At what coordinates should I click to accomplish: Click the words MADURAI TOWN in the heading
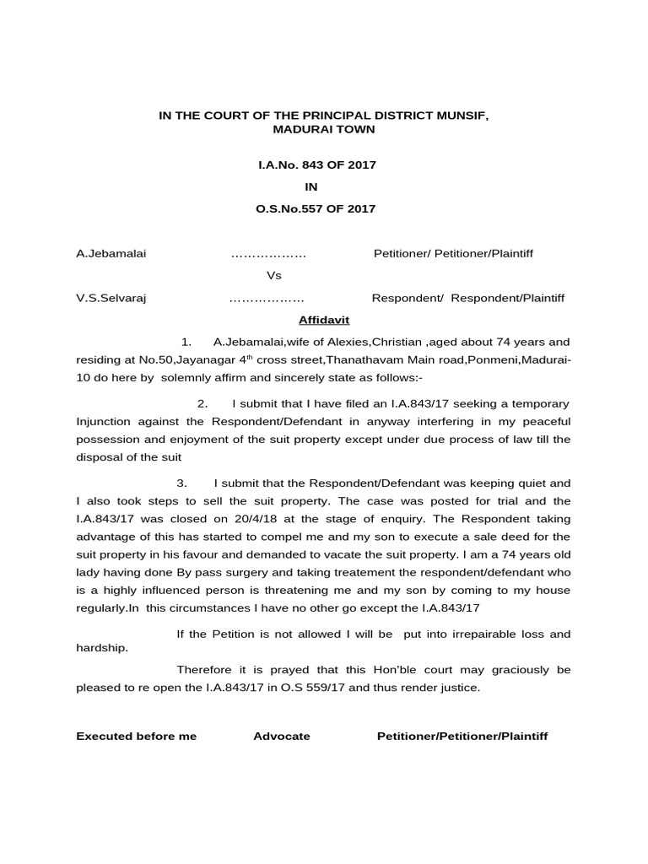[x=323, y=129]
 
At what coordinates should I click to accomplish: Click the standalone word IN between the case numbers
[x=311, y=186]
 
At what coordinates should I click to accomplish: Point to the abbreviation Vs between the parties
[x=274, y=276]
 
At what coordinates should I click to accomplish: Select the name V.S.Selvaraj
[x=110, y=298]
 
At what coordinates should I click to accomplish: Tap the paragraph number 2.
[x=202, y=404]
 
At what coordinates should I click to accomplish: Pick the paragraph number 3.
[x=181, y=483]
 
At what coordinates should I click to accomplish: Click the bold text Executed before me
[x=136, y=736]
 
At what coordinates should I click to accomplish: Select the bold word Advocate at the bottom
[x=282, y=736]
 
